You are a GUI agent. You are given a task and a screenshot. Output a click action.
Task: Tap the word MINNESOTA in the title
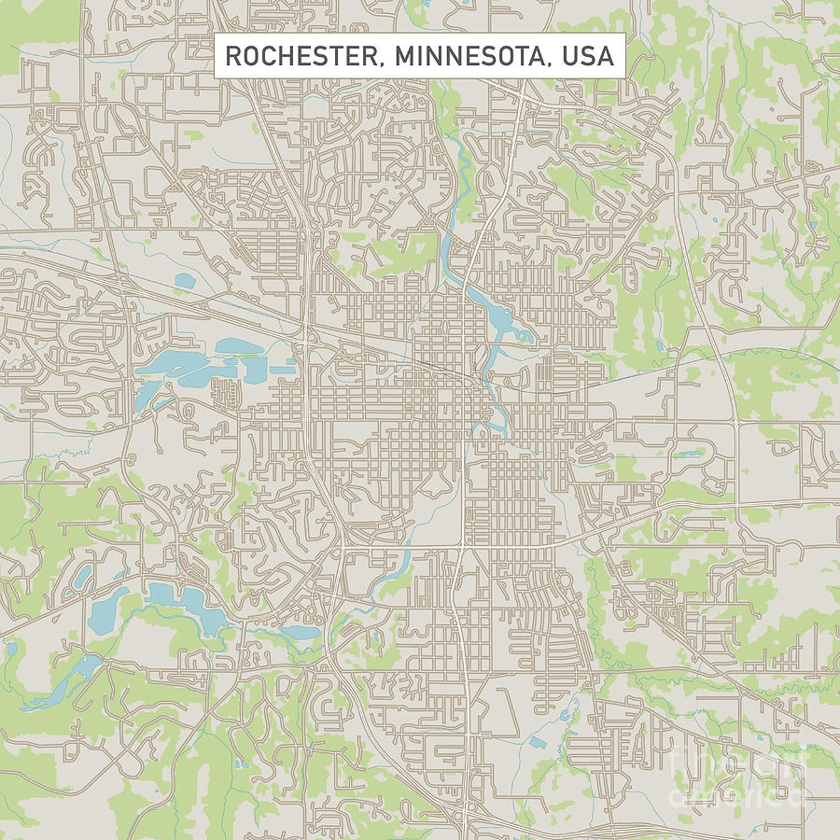pyautogui.click(x=468, y=56)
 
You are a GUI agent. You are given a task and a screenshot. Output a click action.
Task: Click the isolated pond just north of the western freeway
pyautogui.click(x=184, y=280)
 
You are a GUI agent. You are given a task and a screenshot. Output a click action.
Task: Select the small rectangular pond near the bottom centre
pyautogui.click(x=538, y=743)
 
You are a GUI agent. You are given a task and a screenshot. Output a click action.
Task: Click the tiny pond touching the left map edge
pyautogui.click(x=9, y=647)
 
